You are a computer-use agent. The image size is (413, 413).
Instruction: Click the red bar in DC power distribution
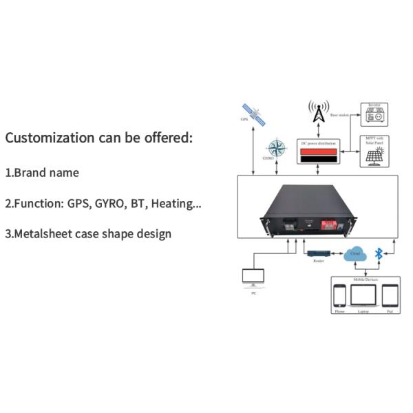point(319,151)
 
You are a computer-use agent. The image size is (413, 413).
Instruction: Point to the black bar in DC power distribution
point(319,159)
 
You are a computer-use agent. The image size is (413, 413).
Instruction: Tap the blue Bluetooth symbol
point(378,254)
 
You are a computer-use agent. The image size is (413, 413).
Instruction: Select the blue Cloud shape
point(355,253)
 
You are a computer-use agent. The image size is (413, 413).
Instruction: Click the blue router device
point(318,255)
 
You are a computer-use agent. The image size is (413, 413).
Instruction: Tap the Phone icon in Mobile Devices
point(339,296)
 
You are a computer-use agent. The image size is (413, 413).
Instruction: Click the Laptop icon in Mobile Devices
point(363,296)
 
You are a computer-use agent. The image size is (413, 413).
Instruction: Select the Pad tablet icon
point(390,296)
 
